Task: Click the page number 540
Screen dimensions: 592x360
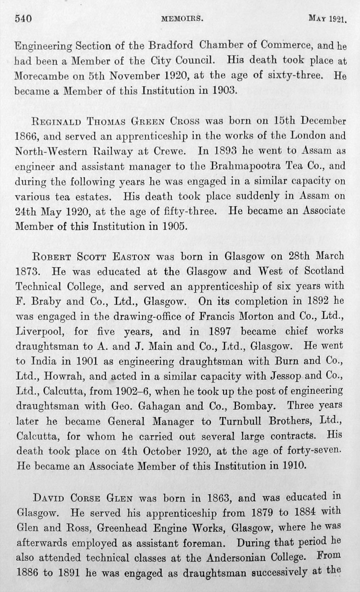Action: [x=23, y=18]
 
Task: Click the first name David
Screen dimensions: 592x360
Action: [x=49, y=498]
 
